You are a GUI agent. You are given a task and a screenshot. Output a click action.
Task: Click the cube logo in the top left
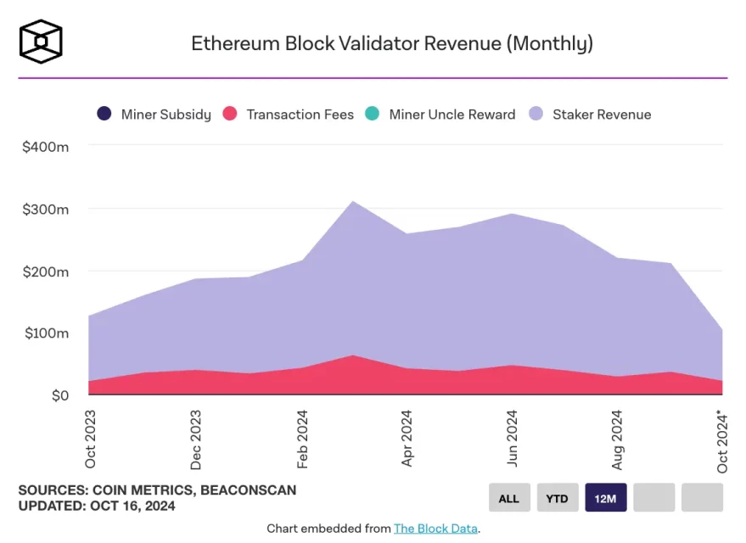coord(41,42)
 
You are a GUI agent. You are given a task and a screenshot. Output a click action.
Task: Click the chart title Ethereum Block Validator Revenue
coord(391,43)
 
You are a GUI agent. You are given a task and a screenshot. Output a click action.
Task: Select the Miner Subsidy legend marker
coord(104,114)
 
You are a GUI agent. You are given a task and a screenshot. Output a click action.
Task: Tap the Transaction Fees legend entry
coord(288,114)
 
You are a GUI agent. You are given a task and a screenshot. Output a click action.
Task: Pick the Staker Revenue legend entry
coord(590,114)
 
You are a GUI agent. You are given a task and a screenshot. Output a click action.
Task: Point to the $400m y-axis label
coord(45,147)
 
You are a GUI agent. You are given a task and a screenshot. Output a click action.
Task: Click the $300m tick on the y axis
coord(45,210)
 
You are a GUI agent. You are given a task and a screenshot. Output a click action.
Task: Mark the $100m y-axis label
coord(45,333)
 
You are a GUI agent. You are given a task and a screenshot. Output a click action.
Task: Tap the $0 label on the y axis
coord(59,395)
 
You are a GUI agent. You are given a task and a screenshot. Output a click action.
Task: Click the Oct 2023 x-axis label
coord(91,439)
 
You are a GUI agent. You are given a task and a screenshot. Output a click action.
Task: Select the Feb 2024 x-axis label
coord(302,439)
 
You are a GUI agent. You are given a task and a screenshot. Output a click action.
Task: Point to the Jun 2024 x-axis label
coord(512,439)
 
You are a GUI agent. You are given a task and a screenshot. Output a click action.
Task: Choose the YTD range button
coord(557,498)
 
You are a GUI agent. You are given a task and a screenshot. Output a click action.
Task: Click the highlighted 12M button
coord(606,498)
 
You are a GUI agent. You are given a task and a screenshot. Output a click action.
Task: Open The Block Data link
coord(435,529)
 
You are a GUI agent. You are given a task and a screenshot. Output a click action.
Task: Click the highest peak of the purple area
coord(353,202)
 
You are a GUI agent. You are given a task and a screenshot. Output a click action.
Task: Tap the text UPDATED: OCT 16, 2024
coord(97,507)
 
